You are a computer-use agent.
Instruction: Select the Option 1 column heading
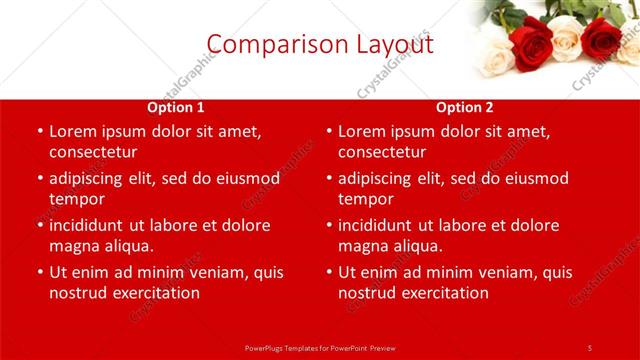(x=176, y=108)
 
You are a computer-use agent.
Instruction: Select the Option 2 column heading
(x=465, y=108)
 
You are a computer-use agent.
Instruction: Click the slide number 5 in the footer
(x=589, y=348)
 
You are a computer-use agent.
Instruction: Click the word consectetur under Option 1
(x=92, y=152)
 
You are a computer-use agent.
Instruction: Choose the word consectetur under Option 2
(x=381, y=152)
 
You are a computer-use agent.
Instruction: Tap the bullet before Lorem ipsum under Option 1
(x=39, y=132)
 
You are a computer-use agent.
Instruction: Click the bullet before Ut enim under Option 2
(x=328, y=273)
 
